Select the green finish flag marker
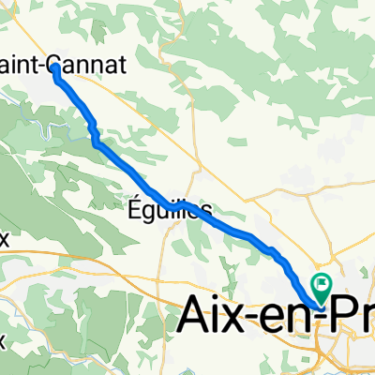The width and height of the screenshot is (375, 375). pos(322,283)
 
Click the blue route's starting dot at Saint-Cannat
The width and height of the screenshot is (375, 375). pos(55,67)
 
